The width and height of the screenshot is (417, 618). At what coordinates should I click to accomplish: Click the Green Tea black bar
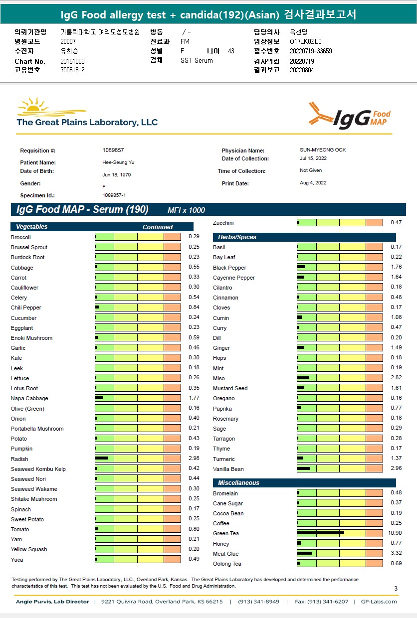pos(320,533)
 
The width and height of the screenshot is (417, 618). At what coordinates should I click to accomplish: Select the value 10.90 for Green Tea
pos(395,533)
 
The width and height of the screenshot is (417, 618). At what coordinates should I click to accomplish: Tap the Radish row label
pos(19,459)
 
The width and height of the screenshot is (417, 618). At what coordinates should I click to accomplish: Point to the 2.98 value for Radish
pos(194,459)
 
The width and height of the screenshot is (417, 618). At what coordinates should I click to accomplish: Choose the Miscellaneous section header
pos(238,483)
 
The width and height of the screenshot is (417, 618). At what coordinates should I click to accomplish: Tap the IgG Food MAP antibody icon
pos(320,114)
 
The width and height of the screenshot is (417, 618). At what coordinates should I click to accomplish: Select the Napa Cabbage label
pos(29,398)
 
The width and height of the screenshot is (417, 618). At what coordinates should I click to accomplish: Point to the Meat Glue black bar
pos(304,553)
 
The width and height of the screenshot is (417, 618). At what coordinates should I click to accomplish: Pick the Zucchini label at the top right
pos(223,223)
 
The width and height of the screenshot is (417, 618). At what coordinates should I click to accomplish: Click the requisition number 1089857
pos(113,150)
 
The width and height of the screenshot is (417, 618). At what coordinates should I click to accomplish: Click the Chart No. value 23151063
pos(72,61)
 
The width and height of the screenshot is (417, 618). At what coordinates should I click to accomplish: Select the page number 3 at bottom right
pos(396,589)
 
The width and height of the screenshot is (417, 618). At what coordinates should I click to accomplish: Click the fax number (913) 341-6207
pos(322,602)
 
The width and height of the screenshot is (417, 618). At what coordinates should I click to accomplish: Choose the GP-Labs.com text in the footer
pos(379,602)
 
